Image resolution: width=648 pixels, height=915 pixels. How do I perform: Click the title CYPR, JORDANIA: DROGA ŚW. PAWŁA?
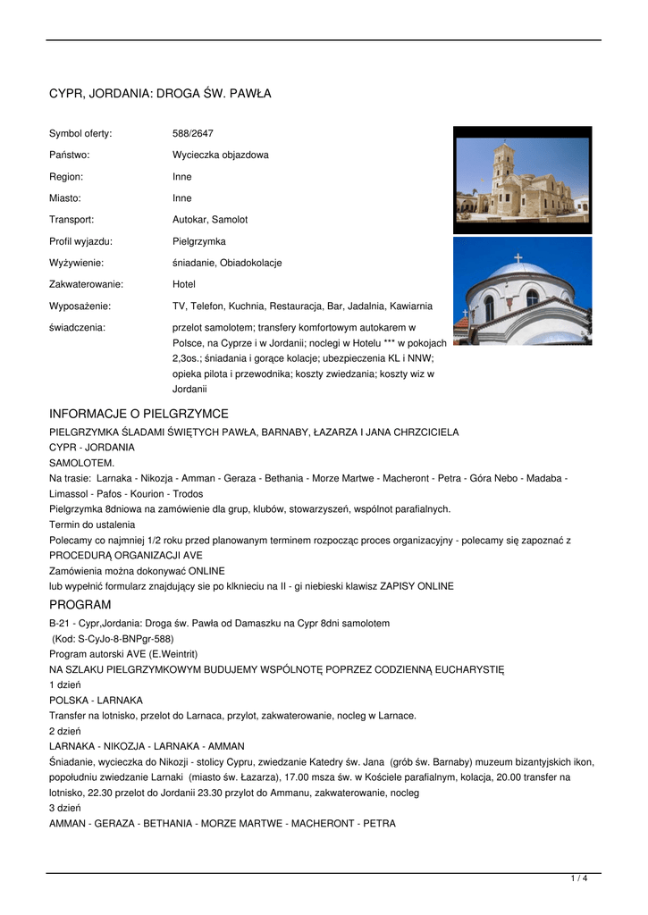(x=160, y=94)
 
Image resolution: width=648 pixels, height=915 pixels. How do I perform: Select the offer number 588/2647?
(x=192, y=133)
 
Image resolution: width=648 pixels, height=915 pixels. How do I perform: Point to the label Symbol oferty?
(x=80, y=133)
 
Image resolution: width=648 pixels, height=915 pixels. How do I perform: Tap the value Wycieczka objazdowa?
(x=220, y=155)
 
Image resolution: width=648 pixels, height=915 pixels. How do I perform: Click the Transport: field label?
(x=72, y=219)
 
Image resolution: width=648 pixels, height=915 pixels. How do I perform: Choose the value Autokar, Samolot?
(x=210, y=219)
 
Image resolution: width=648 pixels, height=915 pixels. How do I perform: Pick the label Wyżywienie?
(x=76, y=263)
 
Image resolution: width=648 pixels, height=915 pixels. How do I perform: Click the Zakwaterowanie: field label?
(x=86, y=284)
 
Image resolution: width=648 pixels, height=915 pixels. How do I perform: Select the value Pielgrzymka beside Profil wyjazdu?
(x=198, y=241)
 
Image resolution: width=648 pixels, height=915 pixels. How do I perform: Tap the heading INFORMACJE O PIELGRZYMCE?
(x=139, y=414)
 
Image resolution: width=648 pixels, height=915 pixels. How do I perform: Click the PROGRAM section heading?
(x=80, y=605)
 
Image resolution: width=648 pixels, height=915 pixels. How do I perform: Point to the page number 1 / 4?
(x=579, y=879)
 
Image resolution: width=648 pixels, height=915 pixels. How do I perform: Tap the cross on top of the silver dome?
(x=518, y=257)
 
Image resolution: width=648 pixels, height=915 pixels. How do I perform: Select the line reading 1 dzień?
(x=65, y=684)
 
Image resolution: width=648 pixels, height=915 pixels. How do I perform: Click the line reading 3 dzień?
(x=65, y=808)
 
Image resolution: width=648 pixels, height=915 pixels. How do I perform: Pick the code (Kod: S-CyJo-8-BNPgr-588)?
(x=113, y=639)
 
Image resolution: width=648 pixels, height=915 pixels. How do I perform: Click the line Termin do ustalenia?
(x=92, y=525)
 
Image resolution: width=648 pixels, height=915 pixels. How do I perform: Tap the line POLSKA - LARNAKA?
(x=96, y=700)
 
